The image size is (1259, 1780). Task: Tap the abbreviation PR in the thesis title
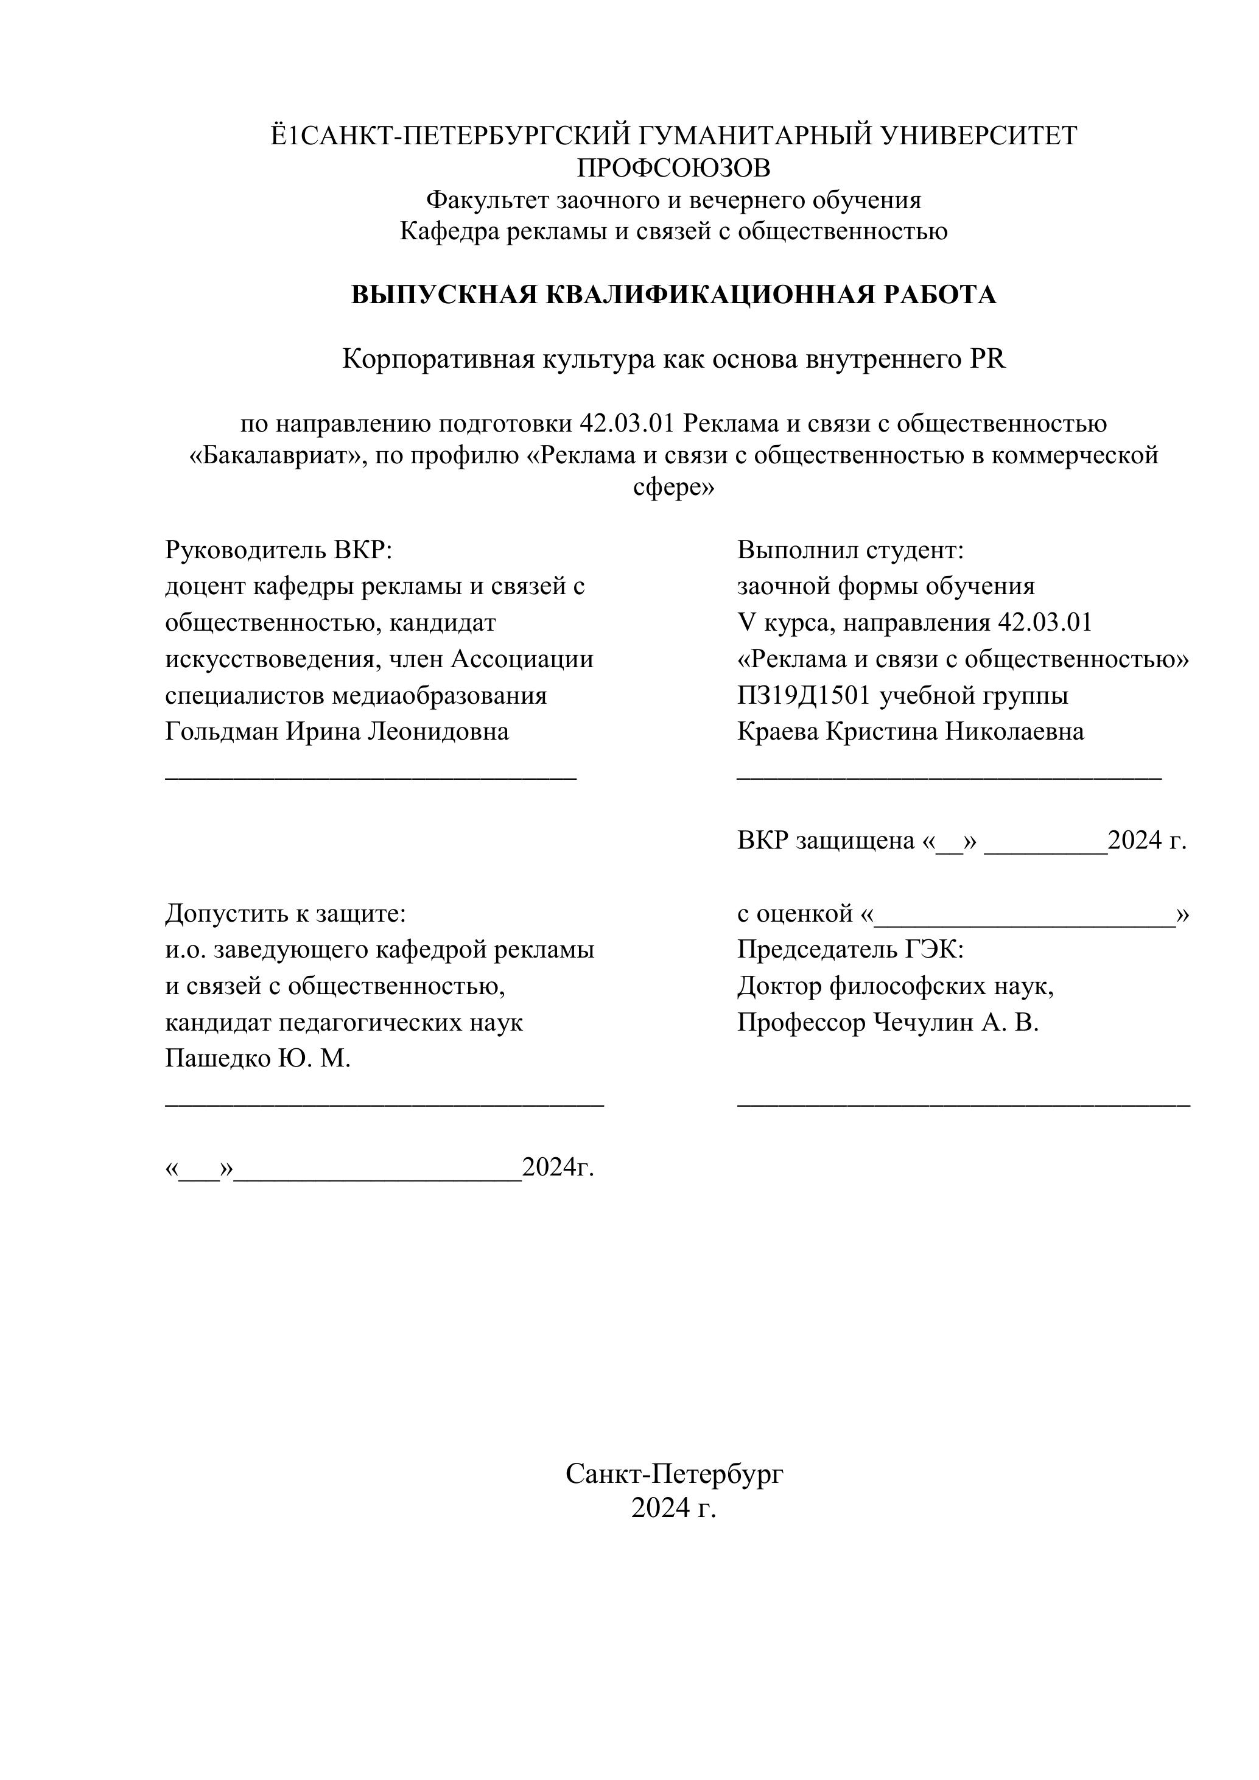point(986,359)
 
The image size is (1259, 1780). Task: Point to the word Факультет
point(488,200)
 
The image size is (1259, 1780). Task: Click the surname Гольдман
point(222,731)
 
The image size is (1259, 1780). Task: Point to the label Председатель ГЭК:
point(850,949)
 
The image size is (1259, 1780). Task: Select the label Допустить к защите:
point(286,913)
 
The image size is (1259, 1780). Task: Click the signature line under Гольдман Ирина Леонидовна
point(371,776)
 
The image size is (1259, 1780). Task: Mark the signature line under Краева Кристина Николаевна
point(949,776)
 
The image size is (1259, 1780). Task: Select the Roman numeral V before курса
point(746,623)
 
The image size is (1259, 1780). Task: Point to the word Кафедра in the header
point(450,231)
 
